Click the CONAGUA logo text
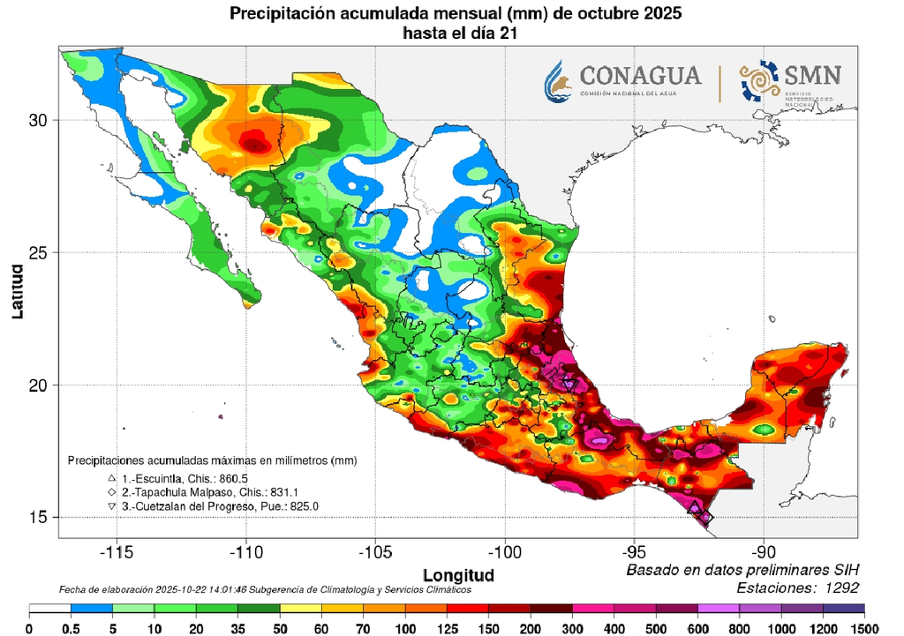[640, 75]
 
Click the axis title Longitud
[459, 574]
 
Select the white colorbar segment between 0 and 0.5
[50, 610]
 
